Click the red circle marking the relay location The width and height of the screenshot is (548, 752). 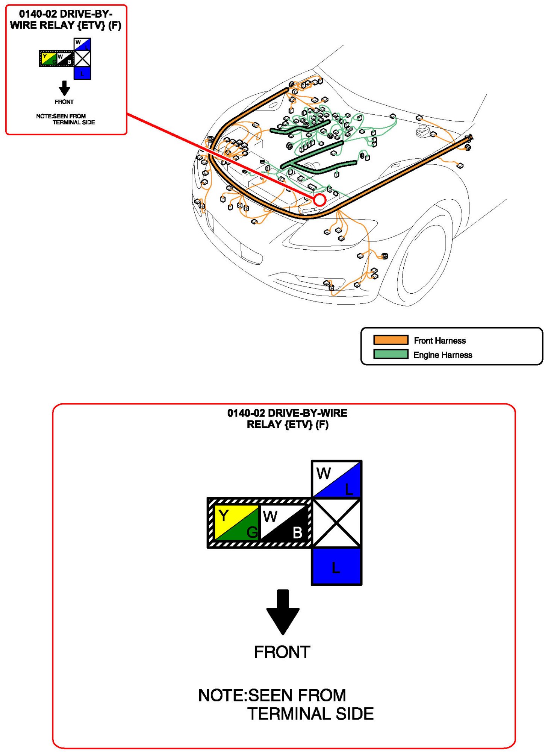(x=319, y=200)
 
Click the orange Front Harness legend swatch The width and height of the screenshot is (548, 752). (x=391, y=340)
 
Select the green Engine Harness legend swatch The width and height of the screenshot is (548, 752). (x=391, y=354)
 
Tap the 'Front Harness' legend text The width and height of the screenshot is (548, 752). (x=439, y=341)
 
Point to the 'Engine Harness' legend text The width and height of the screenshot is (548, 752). (x=442, y=355)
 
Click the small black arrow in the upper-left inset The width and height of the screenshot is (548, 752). (x=64, y=88)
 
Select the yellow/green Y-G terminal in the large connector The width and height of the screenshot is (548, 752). (x=236, y=523)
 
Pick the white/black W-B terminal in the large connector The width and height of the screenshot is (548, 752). (x=284, y=523)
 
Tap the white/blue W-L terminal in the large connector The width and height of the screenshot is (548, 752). (x=336, y=479)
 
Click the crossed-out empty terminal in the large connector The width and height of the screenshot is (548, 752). (x=336, y=523)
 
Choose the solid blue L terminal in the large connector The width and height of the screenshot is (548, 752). (x=336, y=566)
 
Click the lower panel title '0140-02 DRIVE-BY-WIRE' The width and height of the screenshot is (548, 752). (x=287, y=413)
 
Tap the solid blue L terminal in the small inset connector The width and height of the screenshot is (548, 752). (x=82, y=73)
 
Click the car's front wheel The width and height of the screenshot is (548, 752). (x=425, y=259)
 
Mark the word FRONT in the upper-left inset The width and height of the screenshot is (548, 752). (x=64, y=102)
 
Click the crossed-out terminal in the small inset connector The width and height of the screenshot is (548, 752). (x=82, y=59)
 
